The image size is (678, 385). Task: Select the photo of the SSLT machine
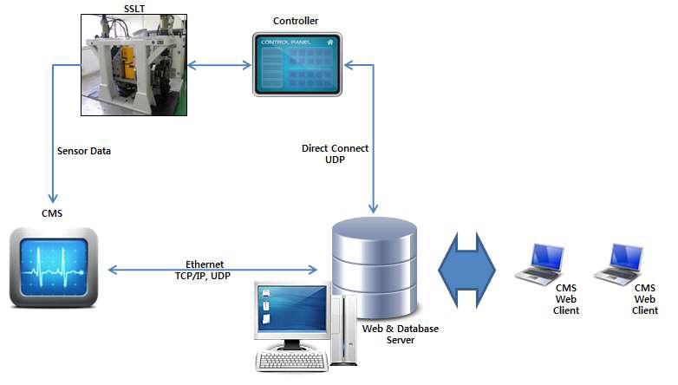click(135, 66)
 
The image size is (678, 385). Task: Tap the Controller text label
click(297, 20)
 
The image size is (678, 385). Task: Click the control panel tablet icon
click(297, 65)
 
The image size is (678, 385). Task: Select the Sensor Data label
click(84, 151)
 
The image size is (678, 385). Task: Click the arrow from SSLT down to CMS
click(54, 156)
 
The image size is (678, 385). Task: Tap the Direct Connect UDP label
click(335, 154)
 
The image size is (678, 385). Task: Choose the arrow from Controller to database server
click(373, 139)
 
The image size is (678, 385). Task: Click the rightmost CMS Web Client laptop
click(618, 264)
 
